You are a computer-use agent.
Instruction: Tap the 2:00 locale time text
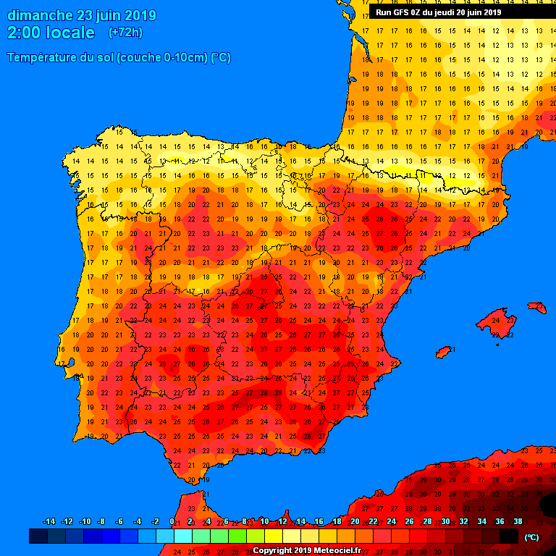(51, 33)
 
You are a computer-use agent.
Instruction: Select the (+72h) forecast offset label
(125, 33)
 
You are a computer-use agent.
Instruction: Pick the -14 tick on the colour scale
(49, 522)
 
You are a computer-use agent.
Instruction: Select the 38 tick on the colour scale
(518, 522)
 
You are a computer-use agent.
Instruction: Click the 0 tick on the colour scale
(172, 522)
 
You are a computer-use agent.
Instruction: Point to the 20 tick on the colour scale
(355, 522)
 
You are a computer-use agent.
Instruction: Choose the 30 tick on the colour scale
(445, 522)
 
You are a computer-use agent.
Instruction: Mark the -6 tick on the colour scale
(119, 522)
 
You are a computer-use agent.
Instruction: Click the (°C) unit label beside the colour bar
(532, 537)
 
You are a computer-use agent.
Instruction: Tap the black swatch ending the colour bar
(509, 536)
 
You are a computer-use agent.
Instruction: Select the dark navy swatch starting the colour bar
(38, 536)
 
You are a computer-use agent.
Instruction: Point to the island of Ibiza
(444, 352)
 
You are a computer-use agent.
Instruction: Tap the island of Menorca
(537, 308)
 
